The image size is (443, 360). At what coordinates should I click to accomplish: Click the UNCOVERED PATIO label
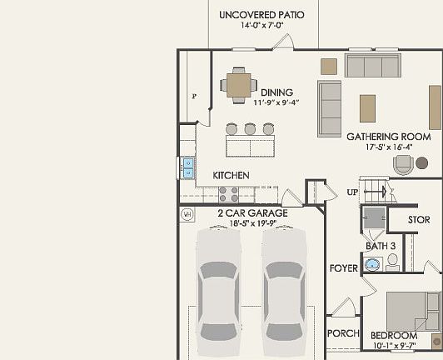tap(261, 15)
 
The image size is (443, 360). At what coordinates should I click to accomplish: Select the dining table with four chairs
tap(238, 84)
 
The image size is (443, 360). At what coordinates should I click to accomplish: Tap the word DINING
tap(276, 92)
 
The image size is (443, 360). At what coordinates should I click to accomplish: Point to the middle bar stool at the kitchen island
tap(250, 129)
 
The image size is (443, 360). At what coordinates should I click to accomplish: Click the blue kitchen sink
tap(187, 167)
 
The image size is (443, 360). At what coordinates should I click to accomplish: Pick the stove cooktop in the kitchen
tap(228, 194)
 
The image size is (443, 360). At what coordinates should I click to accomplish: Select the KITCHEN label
tap(231, 176)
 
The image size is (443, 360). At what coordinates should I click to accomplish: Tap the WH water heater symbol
tap(187, 213)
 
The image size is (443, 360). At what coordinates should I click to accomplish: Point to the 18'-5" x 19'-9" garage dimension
tap(252, 222)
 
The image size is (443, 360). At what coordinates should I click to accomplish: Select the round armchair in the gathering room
tap(405, 163)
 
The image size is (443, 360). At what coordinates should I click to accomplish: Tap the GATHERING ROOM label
tap(388, 136)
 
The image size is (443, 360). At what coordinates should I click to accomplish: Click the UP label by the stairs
tap(353, 192)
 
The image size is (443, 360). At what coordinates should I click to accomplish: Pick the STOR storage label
tap(419, 220)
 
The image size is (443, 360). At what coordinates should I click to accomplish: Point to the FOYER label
tap(344, 268)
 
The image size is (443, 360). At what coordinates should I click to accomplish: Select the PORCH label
tap(343, 334)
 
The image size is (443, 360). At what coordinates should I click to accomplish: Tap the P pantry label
tap(194, 96)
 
